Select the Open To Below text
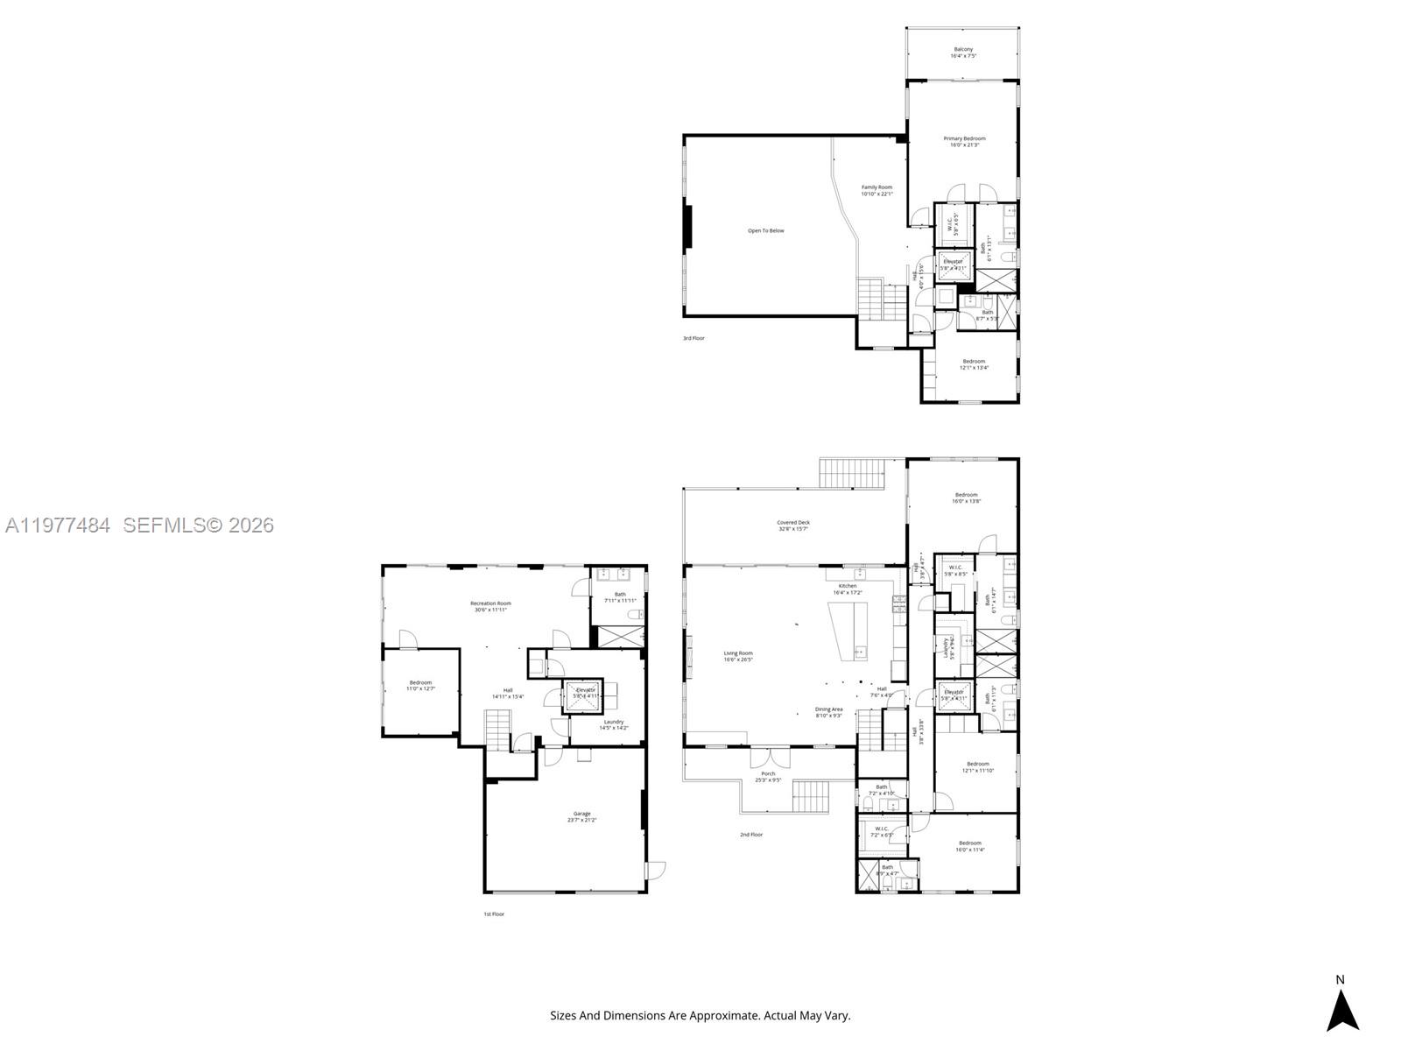[765, 231]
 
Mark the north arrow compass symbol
[1341, 1009]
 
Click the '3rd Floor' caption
[693, 338]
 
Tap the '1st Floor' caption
[494, 914]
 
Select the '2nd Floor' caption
[751, 835]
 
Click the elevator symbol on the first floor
[584, 693]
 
